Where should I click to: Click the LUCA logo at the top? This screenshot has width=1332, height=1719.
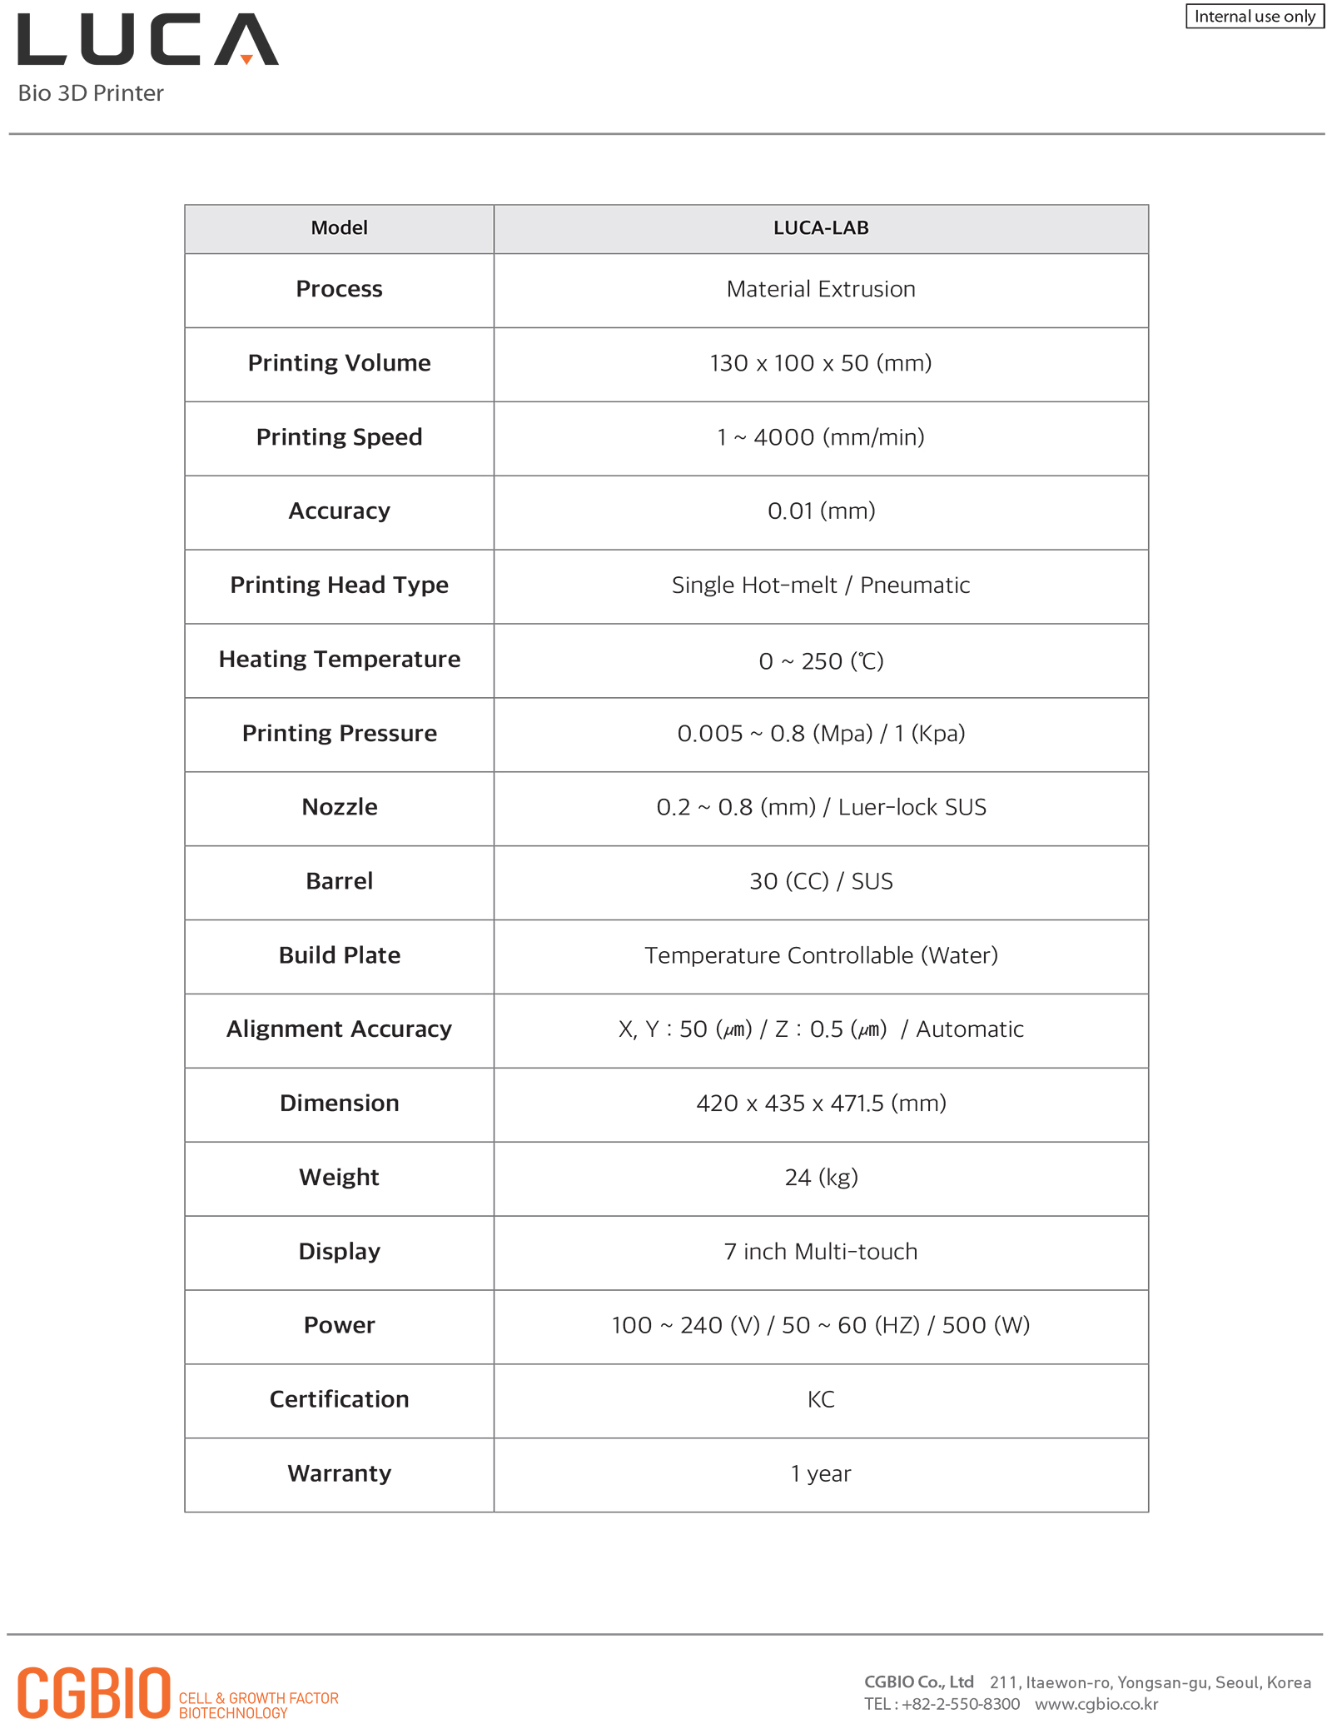tap(148, 39)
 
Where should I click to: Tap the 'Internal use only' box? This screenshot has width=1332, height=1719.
tap(1254, 17)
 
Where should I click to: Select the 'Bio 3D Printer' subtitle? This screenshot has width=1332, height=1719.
tap(91, 93)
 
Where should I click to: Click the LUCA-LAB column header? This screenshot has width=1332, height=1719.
tap(820, 228)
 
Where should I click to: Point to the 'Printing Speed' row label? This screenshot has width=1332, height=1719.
tap(339, 437)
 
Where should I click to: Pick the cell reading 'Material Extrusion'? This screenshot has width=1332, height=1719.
tap(820, 289)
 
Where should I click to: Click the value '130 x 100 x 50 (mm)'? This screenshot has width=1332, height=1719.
tap(820, 363)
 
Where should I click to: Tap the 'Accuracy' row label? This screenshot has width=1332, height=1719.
tap(339, 511)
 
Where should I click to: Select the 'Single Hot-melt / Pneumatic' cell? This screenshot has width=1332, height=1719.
tap(820, 585)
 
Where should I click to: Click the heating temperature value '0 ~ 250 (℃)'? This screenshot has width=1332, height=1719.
tap(820, 660)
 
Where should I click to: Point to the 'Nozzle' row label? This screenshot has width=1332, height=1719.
tap(339, 807)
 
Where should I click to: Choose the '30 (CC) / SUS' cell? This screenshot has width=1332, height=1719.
tap(820, 881)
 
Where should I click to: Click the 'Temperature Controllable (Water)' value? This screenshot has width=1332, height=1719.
tap(820, 955)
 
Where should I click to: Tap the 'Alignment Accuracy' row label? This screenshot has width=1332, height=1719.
tap(339, 1029)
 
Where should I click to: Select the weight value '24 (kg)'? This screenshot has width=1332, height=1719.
tap(820, 1177)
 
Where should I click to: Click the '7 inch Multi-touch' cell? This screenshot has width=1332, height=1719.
tap(820, 1251)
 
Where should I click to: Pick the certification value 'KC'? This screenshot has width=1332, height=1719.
tap(820, 1399)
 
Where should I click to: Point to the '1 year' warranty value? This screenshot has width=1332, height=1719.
tap(820, 1473)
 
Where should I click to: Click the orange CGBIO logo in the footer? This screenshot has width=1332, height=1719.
tap(94, 1692)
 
